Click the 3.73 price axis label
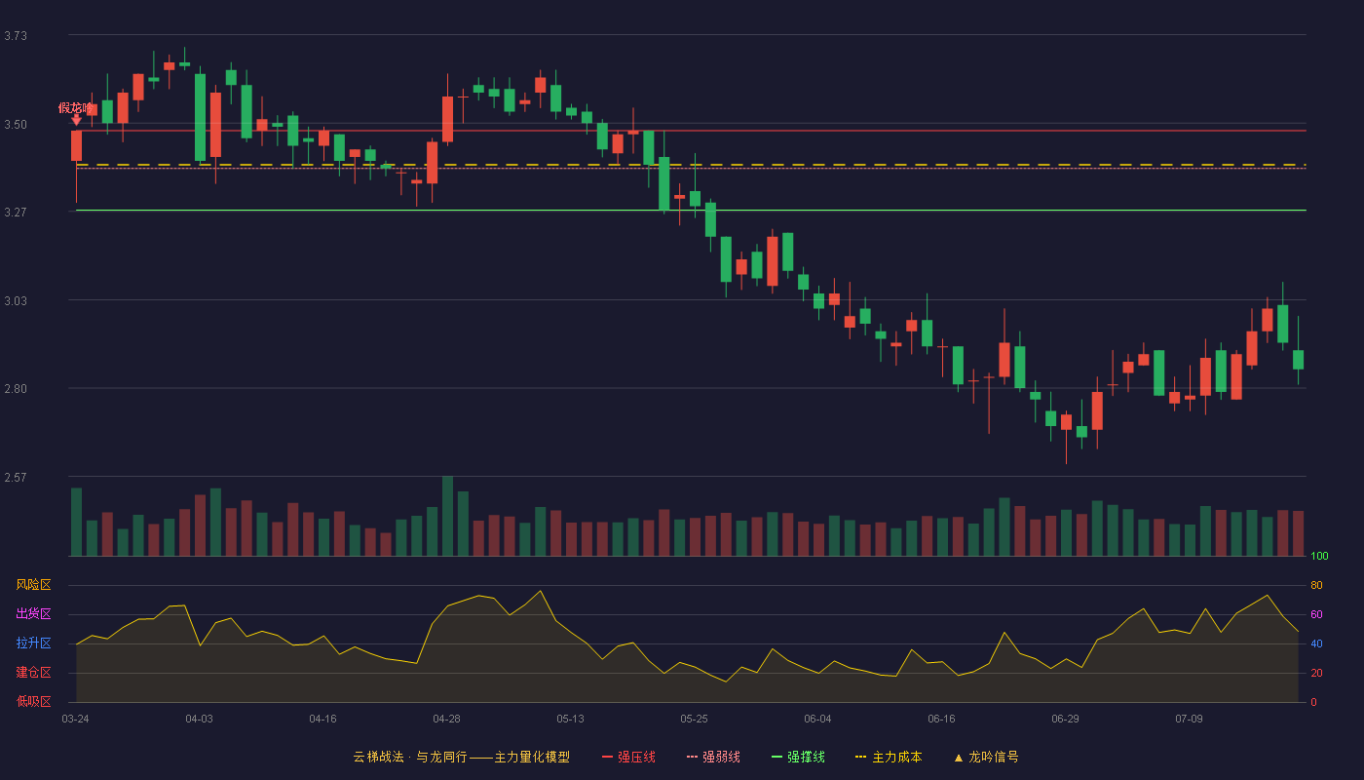tap(16, 36)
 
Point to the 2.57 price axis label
tap(16, 477)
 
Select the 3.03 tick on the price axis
tap(16, 301)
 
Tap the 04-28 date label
tap(446, 720)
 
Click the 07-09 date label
tap(1189, 720)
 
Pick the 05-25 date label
tap(694, 720)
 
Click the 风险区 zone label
tap(33, 585)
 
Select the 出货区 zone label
tap(33, 613)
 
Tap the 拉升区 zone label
tap(33, 643)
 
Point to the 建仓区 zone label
tap(33, 672)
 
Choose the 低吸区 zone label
tap(33, 701)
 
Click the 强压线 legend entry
tap(628, 757)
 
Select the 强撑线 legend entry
tap(798, 757)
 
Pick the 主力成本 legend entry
tap(889, 757)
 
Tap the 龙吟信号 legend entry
tap(986, 757)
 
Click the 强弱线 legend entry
tap(713, 757)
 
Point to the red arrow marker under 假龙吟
tap(76, 120)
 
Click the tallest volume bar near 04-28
tap(447, 516)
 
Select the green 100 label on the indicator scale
tap(1319, 556)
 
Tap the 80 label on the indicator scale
tap(1316, 585)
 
